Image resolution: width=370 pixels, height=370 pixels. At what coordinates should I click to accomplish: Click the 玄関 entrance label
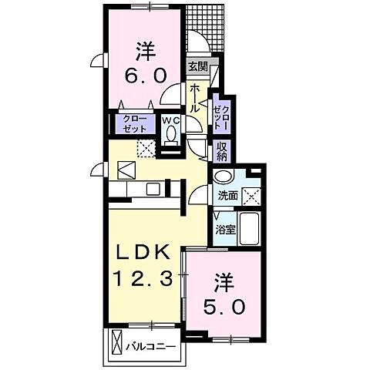coord(198,67)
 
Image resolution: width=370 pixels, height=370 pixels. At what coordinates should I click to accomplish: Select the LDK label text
coord(143,253)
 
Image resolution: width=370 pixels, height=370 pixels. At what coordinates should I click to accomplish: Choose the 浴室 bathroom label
coord(224,229)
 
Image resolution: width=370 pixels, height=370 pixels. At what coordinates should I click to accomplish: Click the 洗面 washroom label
coord(227,196)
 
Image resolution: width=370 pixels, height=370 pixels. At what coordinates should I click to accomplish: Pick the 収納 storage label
coord(222,150)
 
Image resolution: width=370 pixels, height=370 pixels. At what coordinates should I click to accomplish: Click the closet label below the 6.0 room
coord(132,123)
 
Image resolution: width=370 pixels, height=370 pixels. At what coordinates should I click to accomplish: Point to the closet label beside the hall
coord(221,116)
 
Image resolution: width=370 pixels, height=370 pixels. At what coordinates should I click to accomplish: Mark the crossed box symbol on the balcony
coord(116,341)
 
